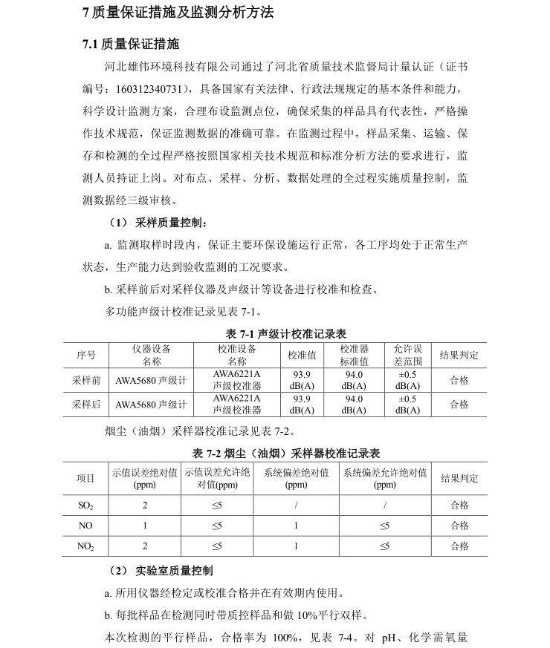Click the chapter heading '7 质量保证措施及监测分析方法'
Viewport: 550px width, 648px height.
[x=178, y=13]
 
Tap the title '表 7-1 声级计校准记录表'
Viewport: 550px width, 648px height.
[x=286, y=334]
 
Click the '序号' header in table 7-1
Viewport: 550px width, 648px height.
[x=86, y=356]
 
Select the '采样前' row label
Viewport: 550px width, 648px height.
[x=86, y=380]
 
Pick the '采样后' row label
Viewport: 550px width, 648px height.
[x=86, y=405]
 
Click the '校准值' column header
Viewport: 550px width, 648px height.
[x=302, y=356]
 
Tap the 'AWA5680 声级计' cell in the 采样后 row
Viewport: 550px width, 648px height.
[x=151, y=405]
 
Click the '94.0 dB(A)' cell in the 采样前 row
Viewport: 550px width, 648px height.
[x=355, y=380]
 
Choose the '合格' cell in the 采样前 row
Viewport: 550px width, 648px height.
[x=459, y=380]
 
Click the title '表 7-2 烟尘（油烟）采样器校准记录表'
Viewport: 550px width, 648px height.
[x=286, y=453]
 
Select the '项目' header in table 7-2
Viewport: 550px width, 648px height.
[x=86, y=479]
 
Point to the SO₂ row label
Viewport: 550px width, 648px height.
[x=86, y=505]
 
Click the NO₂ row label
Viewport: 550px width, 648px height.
[x=86, y=546]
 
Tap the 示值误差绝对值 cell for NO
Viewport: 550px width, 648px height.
[x=145, y=526]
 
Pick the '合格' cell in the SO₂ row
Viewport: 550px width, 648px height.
[x=459, y=505]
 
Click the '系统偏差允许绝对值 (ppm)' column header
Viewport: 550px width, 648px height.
[x=384, y=479]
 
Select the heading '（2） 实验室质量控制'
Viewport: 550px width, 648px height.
[x=161, y=571]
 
